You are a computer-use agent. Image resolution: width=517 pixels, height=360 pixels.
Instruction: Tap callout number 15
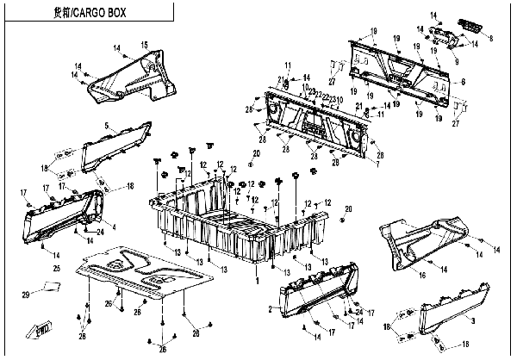coord(145,44)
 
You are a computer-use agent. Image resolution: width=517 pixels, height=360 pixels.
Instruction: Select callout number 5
coord(106,127)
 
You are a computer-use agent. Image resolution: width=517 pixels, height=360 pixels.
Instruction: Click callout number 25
coord(57,270)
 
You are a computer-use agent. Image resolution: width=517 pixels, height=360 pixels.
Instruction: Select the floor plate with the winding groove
coord(141,274)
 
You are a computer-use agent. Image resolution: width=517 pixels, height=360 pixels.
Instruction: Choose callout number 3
coord(473,319)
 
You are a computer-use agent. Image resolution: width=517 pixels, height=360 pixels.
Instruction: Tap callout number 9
coord(456,60)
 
